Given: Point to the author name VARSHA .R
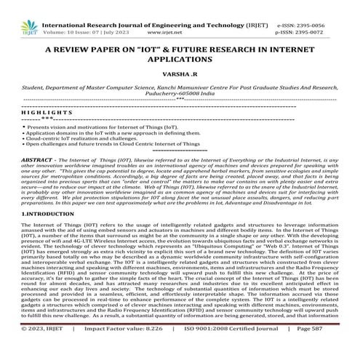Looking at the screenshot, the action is (x=180, y=73).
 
